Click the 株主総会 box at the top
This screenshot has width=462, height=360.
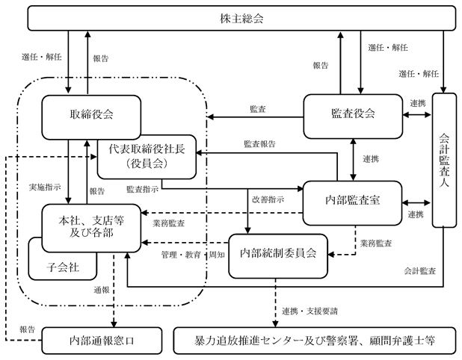point(241,18)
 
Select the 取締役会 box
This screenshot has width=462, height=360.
point(91,115)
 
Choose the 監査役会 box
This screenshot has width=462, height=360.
point(353,117)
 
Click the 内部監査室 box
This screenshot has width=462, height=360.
point(352,203)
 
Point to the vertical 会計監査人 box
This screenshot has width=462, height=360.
point(444,161)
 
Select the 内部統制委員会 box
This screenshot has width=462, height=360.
point(278,256)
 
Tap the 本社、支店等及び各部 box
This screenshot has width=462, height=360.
point(91,228)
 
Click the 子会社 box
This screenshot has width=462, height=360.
point(63,267)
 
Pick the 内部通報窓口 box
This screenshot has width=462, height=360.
point(102,341)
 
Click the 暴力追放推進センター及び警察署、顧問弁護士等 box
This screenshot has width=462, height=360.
point(315,341)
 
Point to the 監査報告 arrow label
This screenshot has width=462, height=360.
point(259,144)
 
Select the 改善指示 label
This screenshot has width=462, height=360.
point(268,199)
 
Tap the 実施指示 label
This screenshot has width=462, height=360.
point(45,187)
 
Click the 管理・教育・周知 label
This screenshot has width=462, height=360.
point(193,255)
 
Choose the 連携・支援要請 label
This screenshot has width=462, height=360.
point(309,311)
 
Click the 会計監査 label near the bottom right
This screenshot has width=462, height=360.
point(419,271)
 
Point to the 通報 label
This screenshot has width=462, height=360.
point(102,291)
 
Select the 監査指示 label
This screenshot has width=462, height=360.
point(142,189)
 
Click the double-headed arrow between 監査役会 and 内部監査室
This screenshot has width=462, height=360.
point(353,160)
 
